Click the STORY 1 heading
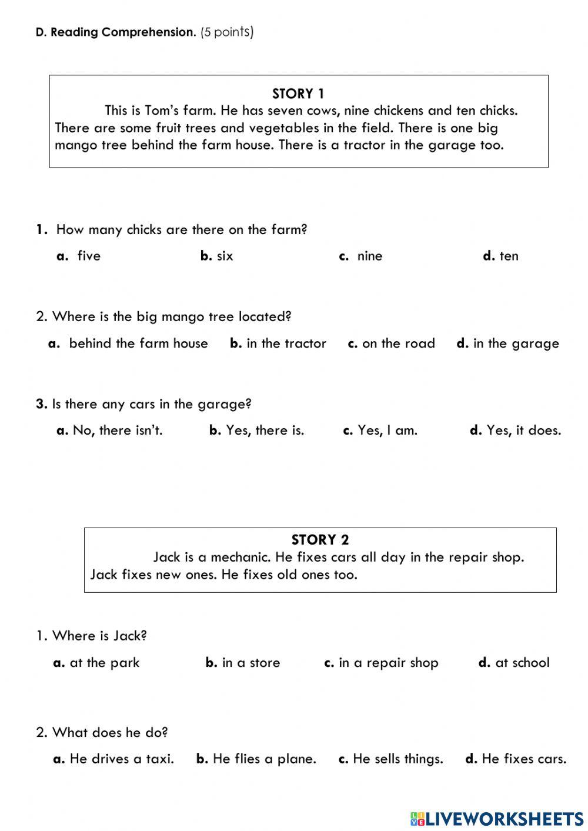(298, 94)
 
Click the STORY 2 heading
(320, 539)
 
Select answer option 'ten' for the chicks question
(508, 256)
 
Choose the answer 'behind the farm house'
(138, 343)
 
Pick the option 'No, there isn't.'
(117, 430)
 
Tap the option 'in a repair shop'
(388, 663)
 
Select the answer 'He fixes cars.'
(523, 759)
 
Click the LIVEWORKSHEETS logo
(497, 818)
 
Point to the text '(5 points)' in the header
(227, 32)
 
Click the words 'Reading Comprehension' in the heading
(122, 32)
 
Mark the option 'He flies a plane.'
(264, 759)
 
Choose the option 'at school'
(522, 663)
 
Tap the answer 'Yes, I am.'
(387, 430)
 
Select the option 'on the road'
(398, 343)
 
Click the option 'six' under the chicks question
(224, 256)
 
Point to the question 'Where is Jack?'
(99, 636)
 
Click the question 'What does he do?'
(109, 732)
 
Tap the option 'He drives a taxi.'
(121, 759)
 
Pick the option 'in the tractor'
(286, 343)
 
